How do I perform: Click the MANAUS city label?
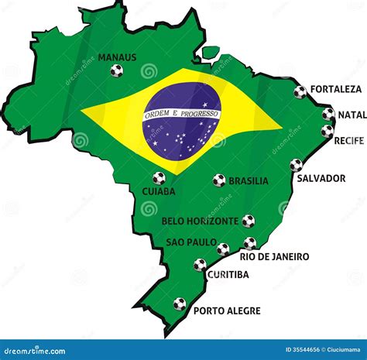point(117,57)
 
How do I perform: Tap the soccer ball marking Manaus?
point(116,70)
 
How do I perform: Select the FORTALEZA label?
point(335,89)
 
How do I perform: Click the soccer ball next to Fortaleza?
point(300,92)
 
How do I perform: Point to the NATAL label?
point(352,115)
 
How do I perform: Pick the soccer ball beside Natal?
point(328,114)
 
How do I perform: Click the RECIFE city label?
point(348,140)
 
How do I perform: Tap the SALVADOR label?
point(321,178)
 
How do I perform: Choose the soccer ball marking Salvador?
point(296,165)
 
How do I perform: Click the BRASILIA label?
point(249,181)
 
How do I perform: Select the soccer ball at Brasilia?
point(219,180)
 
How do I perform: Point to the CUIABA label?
point(159,190)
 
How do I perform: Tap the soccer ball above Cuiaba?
point(159,177)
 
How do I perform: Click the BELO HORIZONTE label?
point(200,221)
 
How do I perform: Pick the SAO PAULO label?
point(190,242)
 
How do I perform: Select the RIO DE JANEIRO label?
point(274,256)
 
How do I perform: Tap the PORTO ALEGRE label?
point(226,310)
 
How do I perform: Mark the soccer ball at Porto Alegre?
point(180,304)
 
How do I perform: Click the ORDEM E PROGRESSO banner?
point(182,114)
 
